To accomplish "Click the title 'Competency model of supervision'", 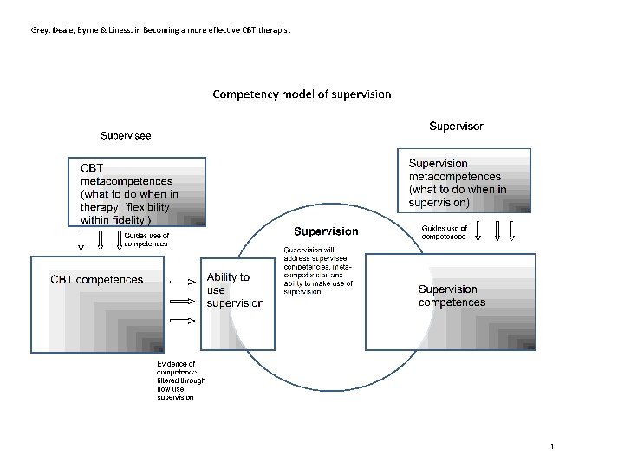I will (302, 94).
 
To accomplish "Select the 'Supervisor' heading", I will (456, 127).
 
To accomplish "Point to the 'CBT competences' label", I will (96, 279).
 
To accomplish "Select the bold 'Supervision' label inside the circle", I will (326, 231).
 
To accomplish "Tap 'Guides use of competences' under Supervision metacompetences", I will (445, 232).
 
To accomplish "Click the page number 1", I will (551, 445).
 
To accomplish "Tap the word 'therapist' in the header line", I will (271, 31).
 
